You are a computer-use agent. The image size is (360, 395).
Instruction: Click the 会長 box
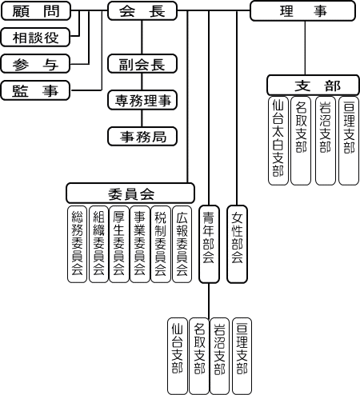(142, 10)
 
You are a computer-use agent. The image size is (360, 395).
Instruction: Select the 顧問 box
(36, 10)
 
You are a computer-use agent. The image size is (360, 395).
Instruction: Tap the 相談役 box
(35, 37)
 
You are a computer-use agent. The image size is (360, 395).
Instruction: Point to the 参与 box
(35, 64)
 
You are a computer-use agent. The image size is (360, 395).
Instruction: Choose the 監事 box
(35, 90)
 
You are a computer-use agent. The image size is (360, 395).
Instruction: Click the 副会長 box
(142, 64)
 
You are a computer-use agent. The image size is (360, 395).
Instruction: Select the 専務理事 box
(142, 100)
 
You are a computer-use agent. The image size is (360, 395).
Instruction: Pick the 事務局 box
(142, 137)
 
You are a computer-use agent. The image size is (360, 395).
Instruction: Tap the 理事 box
(302, 11)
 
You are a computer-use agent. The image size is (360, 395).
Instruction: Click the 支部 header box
(313, 86)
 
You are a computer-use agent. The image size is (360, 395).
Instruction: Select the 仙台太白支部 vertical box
(278, 141)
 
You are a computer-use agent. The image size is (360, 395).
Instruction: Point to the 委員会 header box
(130, 194)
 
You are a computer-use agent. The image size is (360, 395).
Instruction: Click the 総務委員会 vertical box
(77, 244)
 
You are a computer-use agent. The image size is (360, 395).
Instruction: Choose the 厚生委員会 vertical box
(119, 244)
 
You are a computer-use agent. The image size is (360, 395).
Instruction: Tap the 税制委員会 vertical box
(161, 244)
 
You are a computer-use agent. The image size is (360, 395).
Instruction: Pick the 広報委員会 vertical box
(182, 244)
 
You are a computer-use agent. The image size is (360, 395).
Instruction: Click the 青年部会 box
(209, 244)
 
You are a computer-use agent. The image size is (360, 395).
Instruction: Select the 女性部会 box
(237, 244)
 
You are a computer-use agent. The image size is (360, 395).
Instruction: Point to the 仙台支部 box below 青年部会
(178, 356)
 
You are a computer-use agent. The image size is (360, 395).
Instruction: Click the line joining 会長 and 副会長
(142, 38)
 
